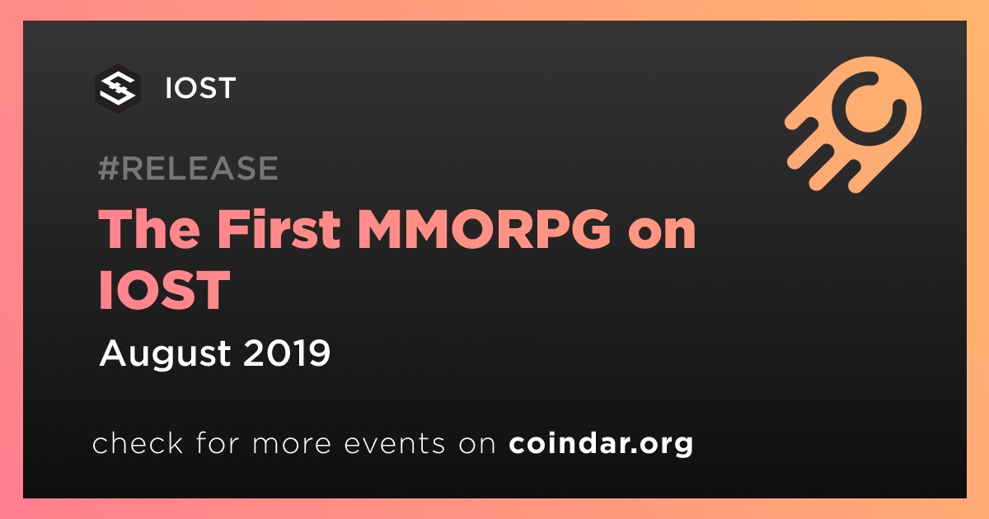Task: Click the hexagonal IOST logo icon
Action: [118, 89]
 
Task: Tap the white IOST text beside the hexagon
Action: [200, 88]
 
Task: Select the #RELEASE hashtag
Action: [188, 168]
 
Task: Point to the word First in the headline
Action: [279, 229]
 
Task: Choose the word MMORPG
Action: [485, 229]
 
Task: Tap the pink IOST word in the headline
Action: [164, 289]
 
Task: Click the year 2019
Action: [287, 353]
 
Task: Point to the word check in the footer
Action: [138, 442]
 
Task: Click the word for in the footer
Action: [218, 442]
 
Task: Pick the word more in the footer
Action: [292, 445]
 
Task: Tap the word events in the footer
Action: [394, 444]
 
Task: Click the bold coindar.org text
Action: [601, 443]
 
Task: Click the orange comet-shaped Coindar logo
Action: [853, 124]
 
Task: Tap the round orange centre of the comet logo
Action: [869, 107]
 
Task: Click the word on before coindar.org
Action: [477, 445]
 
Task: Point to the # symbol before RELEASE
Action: [108, 168]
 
